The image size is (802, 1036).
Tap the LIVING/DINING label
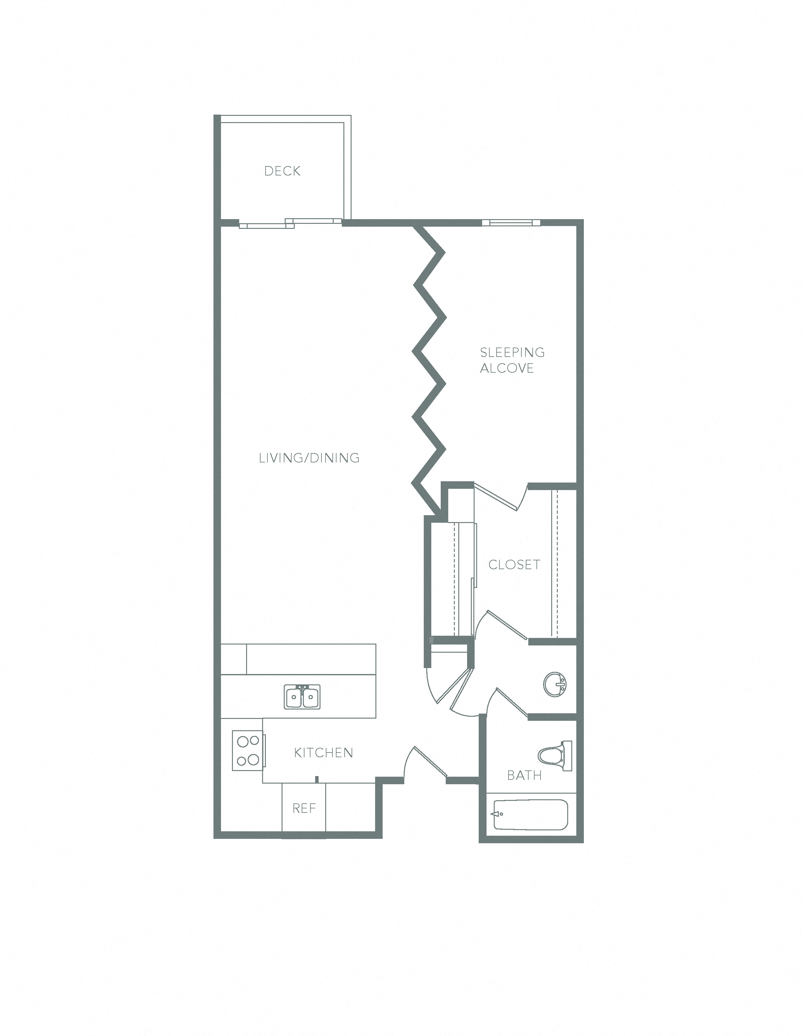[x=309, y=458]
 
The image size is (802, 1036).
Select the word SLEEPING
[x=512, y=353]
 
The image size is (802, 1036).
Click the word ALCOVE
[x=507, y=368]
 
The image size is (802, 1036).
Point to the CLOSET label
[x=514, y=564]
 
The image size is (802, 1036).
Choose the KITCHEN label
[x=323, y=753]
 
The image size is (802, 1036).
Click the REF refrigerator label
[x=304, y=808]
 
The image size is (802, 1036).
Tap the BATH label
[x=524, y=775]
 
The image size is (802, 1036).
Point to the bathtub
[x=531, y=815]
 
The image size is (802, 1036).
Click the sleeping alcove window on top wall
[x=511, y=223]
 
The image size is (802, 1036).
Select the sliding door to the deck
[x=290, y=223]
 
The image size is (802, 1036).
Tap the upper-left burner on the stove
[x=242, y=741]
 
